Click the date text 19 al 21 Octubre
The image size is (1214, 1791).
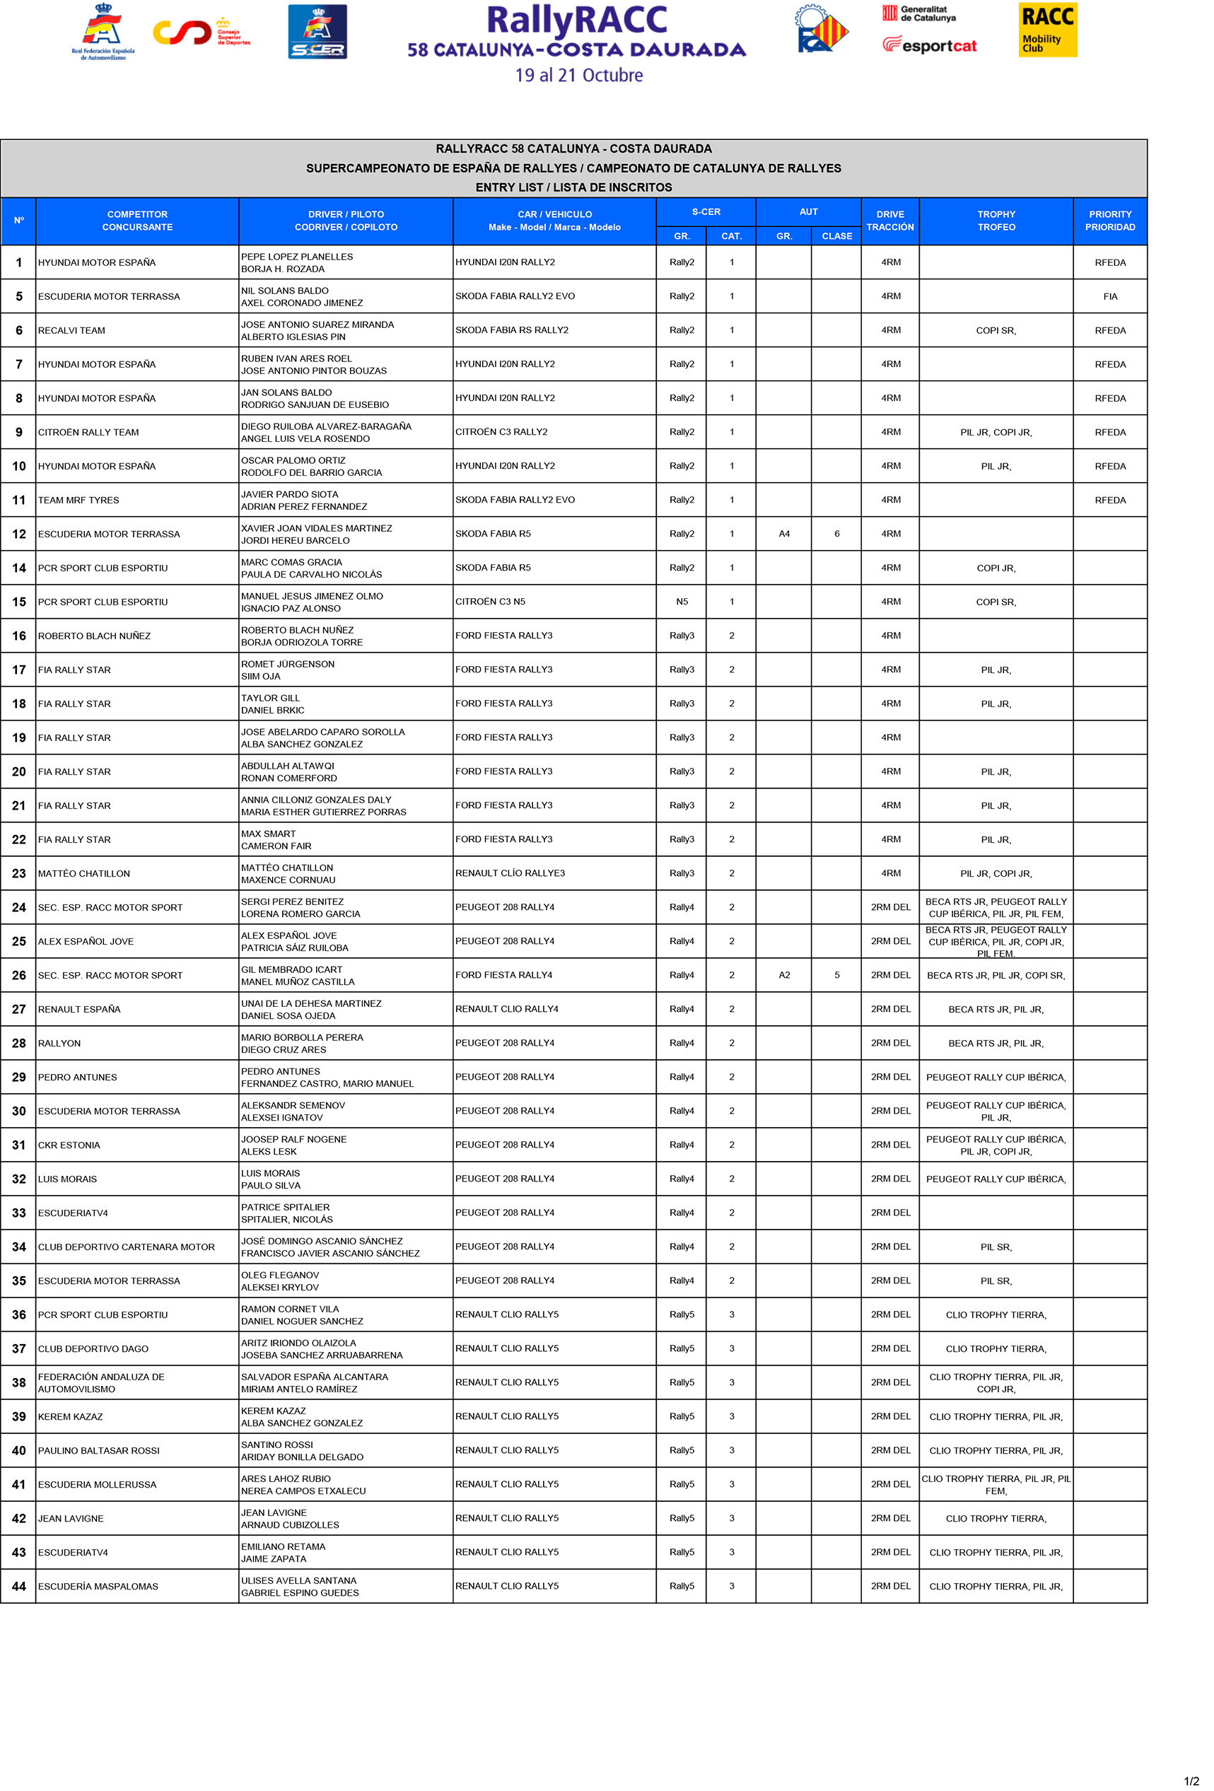pos(579,76)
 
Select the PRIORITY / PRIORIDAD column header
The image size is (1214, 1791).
pos(1109,221)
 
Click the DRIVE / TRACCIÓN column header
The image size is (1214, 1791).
pos(889,221)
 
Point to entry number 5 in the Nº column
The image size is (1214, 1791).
pos(19,297)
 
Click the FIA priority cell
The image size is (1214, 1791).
pos(1109,297)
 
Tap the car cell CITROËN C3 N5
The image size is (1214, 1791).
pos(490,602)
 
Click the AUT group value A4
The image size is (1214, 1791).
pos(784,534)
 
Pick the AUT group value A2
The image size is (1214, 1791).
pos(784,975)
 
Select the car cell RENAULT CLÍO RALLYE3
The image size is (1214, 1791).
pos(510,873)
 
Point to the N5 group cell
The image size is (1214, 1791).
pos(682,602)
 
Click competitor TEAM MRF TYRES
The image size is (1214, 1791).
pos(78,500)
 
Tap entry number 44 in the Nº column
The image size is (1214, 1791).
pos(19,1586)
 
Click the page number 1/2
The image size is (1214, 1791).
pos(1191,1781)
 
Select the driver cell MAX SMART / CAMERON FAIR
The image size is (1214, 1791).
pos(276,840)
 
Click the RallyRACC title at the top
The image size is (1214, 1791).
pos(576,21)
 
